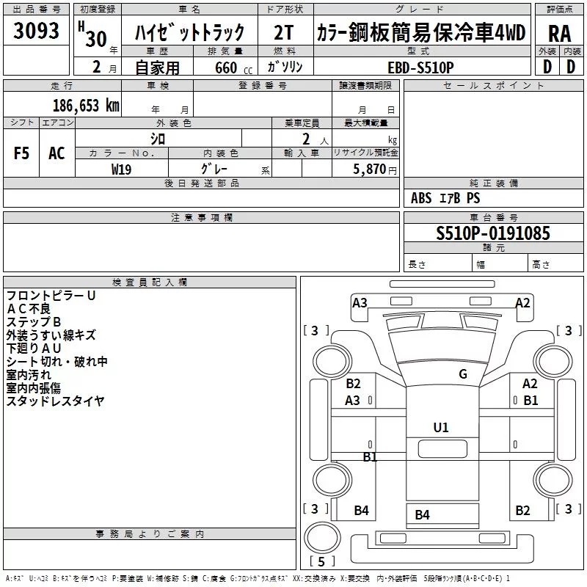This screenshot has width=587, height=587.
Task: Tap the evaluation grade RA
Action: [x=559, y=34]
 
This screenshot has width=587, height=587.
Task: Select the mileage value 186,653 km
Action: [x=87, y=106]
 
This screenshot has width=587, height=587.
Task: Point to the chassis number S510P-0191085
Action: [x=493, y=234]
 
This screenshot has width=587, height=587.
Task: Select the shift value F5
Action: [x=22, y=153]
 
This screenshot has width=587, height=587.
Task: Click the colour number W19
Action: [x=121, y=169]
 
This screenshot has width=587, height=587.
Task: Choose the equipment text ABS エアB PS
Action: [x=445, y=198]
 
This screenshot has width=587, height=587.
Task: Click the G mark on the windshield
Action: [x=462, y=373]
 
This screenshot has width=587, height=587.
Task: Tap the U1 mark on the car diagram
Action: [x=441, y=427]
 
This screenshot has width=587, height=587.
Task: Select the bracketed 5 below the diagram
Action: [x=320, y=561]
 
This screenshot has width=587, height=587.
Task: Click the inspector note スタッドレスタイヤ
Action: [x=55, y=401]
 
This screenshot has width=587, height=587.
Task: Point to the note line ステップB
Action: [x=34, y=322]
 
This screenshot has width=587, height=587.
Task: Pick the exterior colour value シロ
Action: [x=158, y=138]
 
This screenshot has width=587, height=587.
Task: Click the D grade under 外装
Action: [x=547, y=66]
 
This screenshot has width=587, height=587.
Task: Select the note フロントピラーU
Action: [x=51, y=296]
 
